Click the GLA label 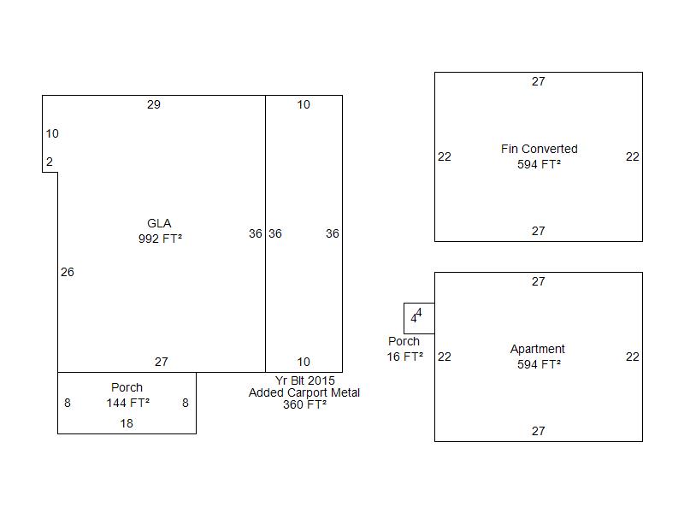coord(159,223)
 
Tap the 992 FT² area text coord(160,239)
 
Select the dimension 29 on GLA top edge coord(154,104)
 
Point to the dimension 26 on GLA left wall coord(68,272)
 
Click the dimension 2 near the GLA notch coord(50,162)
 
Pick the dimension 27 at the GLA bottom coord(162,362)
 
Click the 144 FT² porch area coord(127,403)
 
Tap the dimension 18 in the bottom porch coord(127,423)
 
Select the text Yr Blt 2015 coord(305,380)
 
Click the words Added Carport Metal coord(304,392)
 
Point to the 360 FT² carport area coord(304,404)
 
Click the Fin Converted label coord(540,149)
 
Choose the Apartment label coord(538,349)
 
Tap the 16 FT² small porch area coord(404,357)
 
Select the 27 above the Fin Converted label coord(539,81)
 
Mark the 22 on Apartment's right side coord(633,357)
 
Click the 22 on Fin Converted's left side coord(445,156)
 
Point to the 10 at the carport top coord(304,104)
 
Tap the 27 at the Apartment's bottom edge coord(539,431)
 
